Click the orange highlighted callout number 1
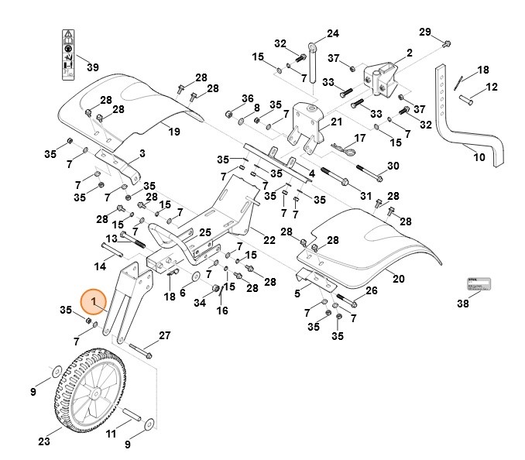coord(94,300)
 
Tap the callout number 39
coord(92,67)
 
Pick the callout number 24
coord(332,33)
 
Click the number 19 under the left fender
coord(174,132)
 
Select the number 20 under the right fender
coord(399,278)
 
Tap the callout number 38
coord(462,304)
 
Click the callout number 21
coord(335,122)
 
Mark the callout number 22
coord(269,240)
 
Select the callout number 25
coord(204,232)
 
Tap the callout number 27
coord(164,335)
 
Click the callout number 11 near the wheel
coord(111,433)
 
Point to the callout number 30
coord(393,166)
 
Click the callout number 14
coord(100,267)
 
